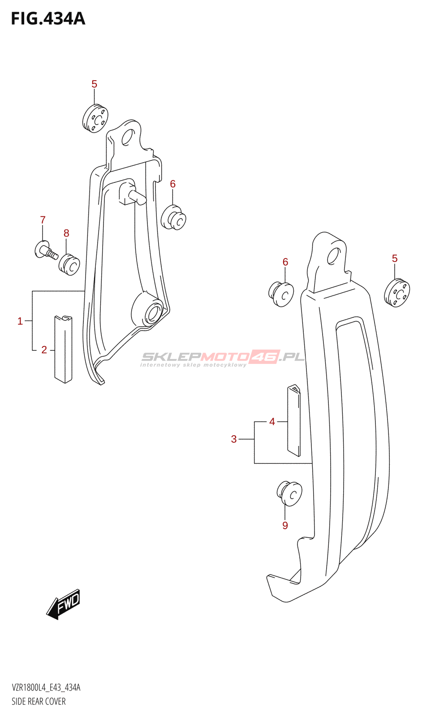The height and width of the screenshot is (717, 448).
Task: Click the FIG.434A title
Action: (48, 19)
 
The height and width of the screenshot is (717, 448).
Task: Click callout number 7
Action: (43, 220)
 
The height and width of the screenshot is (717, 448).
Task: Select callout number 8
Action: (66, 233)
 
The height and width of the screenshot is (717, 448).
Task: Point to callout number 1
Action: (20, 321)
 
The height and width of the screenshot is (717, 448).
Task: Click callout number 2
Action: (44, 350)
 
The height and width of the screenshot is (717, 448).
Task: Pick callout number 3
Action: (234, 439)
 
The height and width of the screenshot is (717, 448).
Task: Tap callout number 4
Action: (272, 422)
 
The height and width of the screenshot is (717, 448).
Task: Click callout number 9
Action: (285, 525)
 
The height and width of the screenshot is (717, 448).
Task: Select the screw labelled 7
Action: (45, 251)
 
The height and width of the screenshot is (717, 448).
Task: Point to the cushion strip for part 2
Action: (63, 350)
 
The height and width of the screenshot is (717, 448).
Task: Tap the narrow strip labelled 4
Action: (294, 420)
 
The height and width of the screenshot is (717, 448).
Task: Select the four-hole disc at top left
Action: (95, 118)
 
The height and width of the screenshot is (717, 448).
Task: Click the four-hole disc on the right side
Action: (397, 293)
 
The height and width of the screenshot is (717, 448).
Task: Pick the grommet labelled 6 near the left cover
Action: (173, 217)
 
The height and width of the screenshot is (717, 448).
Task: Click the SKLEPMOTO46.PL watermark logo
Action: (223, 358)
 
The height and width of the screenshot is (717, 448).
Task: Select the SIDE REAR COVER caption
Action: (39, 701)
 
